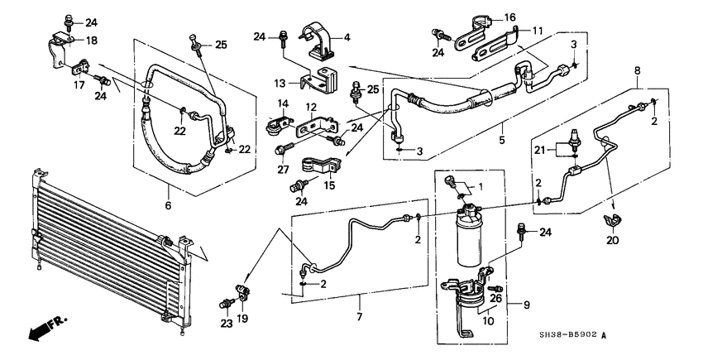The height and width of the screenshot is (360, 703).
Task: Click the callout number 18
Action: (92, 40)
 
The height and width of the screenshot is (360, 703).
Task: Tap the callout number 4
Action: (347, 36)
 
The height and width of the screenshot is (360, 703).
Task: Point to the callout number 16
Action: (509, 17)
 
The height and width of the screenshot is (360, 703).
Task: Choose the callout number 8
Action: (636, 72)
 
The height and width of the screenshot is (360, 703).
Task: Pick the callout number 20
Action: (611, 241)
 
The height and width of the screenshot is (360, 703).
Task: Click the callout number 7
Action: (360, 318)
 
